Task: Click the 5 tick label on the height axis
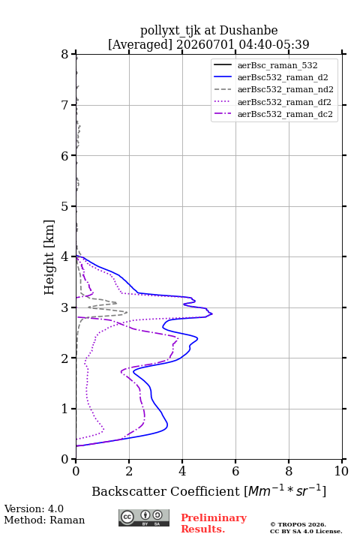click(65, 206)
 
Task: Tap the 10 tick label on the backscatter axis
click(341, 471)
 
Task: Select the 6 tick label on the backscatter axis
click(235, 471)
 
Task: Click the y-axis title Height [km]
click(49, 257)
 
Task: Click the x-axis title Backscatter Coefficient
click(165, 491)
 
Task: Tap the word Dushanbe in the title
click(248, 31)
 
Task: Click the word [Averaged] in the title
click(140, 44)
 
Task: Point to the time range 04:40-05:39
click(273, 44)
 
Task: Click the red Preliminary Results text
click(214, 523)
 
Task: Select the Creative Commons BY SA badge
click(144, 517)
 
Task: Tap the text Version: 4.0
click(34, 508)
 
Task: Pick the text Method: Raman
click(44, 520)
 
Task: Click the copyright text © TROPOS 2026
click(298, 525)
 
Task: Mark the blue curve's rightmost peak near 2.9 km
click(212, 313)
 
